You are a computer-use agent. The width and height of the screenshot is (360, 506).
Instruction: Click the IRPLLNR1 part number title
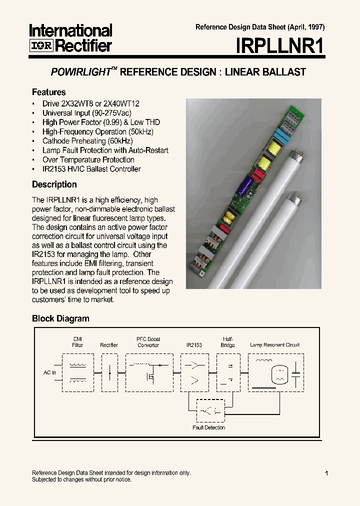280,46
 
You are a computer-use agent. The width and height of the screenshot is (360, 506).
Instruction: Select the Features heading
49,92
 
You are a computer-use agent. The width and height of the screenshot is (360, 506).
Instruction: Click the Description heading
54,184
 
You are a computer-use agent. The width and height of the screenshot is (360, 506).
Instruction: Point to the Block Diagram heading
60,318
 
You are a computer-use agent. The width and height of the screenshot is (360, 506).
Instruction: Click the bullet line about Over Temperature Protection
88,159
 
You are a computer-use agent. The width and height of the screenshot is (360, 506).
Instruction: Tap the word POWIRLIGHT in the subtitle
80,72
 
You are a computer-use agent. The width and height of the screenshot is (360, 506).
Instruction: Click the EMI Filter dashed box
77,372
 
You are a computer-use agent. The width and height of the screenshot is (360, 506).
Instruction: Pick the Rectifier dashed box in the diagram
109,372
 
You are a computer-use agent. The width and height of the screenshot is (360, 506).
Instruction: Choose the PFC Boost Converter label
148,342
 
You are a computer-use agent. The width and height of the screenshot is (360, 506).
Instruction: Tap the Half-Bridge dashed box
227,372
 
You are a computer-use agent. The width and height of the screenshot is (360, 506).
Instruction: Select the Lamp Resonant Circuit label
274,345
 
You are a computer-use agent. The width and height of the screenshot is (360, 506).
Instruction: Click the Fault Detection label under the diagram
209,427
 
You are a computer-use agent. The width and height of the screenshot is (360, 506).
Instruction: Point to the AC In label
49,372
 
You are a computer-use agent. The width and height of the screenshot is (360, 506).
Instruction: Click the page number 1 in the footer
326,473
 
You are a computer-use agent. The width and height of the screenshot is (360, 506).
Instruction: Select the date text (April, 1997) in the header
304,27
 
